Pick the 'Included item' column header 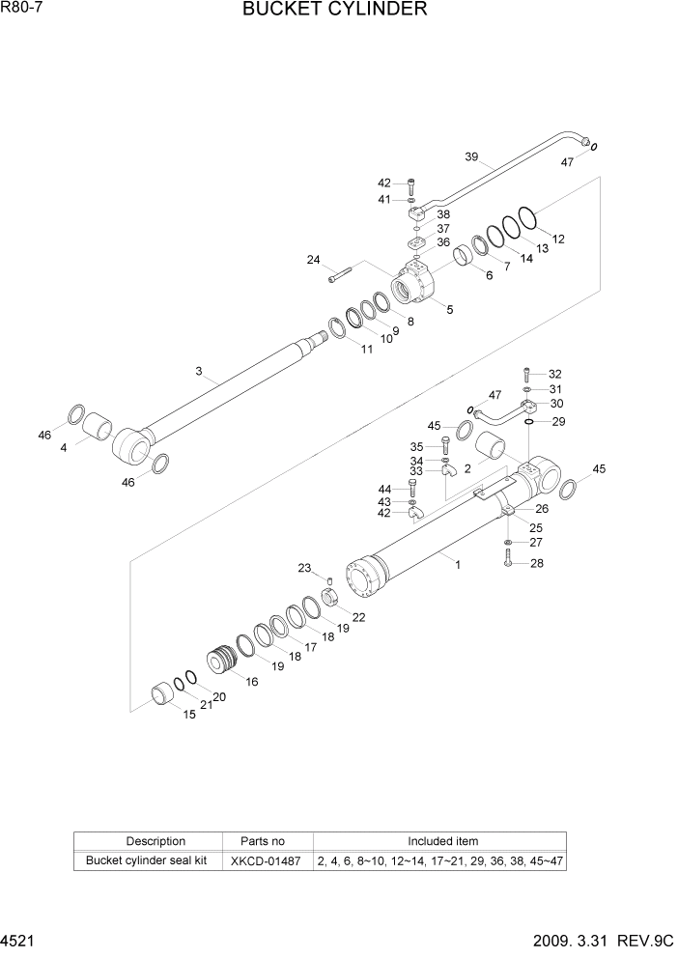441,841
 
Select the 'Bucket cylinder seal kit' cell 148,860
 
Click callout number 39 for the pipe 471,157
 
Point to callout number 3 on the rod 199,372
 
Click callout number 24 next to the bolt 314,260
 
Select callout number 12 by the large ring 558,238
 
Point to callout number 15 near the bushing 189,714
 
